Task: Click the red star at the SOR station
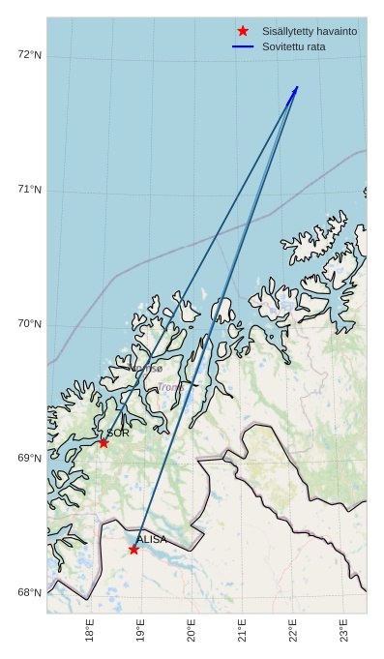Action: [x=103, y=442]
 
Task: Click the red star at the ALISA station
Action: [x=133, y=550]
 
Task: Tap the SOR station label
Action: [x=118, y=433]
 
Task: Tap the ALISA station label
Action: [x=151, y=539]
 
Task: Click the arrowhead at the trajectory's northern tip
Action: [x=296, y=89]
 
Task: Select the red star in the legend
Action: [x=243, y=31]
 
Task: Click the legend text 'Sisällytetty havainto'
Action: [x=310, y=31]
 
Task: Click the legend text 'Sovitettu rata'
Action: [x=294, y=46]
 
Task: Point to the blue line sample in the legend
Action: [x=243, y=46]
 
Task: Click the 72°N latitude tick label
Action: [x=30, y=54]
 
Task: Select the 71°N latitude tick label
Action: [x=30, y=190]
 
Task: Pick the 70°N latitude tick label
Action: [x=30, y=324]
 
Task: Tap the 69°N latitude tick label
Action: [x=30, y=459]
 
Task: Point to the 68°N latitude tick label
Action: [x=30, y=593]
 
